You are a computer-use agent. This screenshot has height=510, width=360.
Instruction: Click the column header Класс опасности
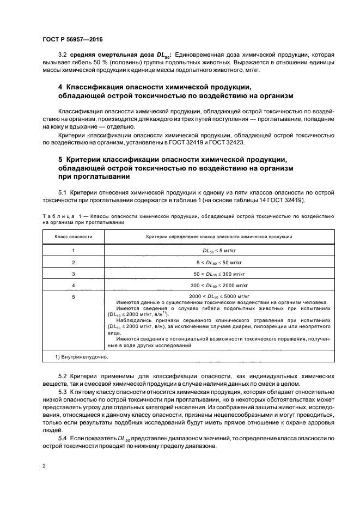pos(73,237)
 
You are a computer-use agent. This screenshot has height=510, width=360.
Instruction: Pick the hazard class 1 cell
pos(73,251)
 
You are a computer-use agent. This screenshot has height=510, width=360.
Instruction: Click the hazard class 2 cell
pos(73,262)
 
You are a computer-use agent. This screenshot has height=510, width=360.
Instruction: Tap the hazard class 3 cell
pos(73,274)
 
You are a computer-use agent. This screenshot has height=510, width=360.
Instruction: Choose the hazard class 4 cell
pos(73,285)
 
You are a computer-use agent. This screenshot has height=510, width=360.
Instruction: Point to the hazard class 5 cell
pos(73,296)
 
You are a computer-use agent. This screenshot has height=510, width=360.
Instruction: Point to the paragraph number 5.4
pos(62,438)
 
